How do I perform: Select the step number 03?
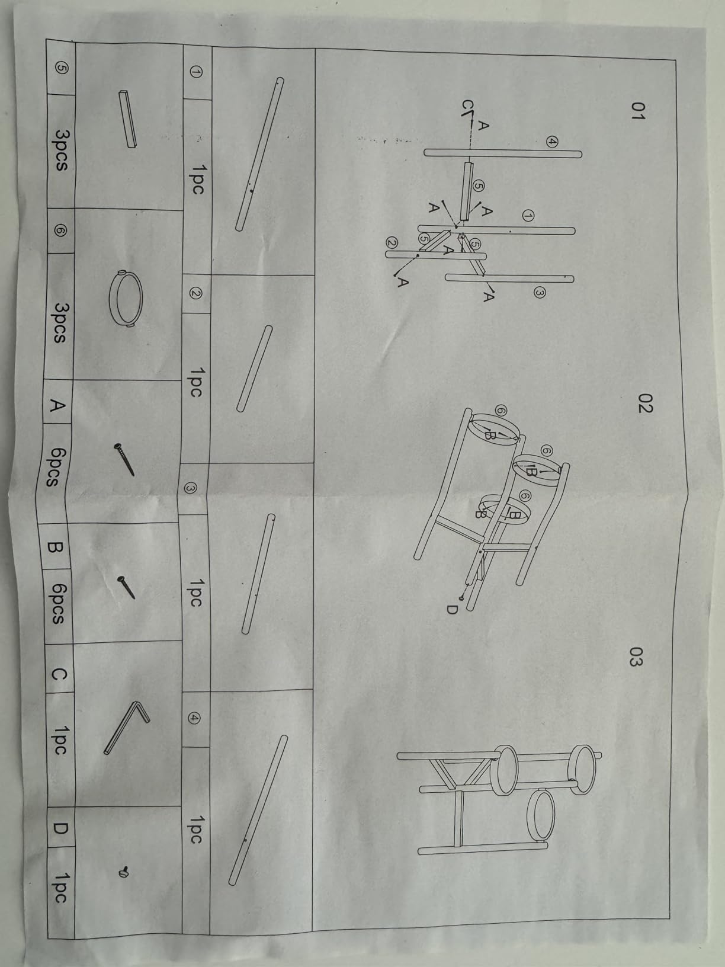coord(636,657)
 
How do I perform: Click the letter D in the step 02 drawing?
coord(452,609)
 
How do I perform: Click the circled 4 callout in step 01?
coord(552,142)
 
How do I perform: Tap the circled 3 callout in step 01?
coord(540,292)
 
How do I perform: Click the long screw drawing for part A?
coord(124,459)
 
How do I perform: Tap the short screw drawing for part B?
coord(126,587)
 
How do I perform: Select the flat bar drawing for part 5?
coord(127,119)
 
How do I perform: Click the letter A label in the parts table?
coord(57,405)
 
